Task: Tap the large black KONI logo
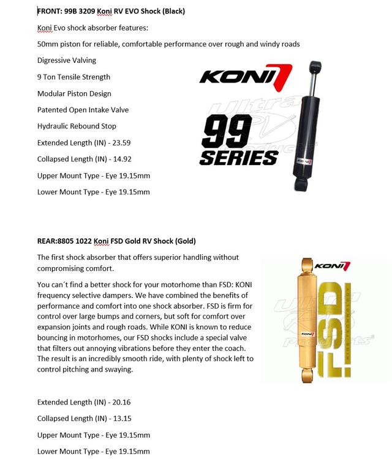pyautogui.click(x=246, y=76)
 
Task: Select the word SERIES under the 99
pyautogui.click(x=238, y=158)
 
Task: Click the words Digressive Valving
pyautogui.click(x=67, y=61)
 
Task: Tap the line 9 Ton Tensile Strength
pyautogui.click(x=73, y=77)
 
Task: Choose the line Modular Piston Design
pyautogui.click(x=74, y=94)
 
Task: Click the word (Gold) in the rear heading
pyautogui.click(x=183, y=241)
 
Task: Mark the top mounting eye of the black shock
pyautogui.click(x=316, y=65)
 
